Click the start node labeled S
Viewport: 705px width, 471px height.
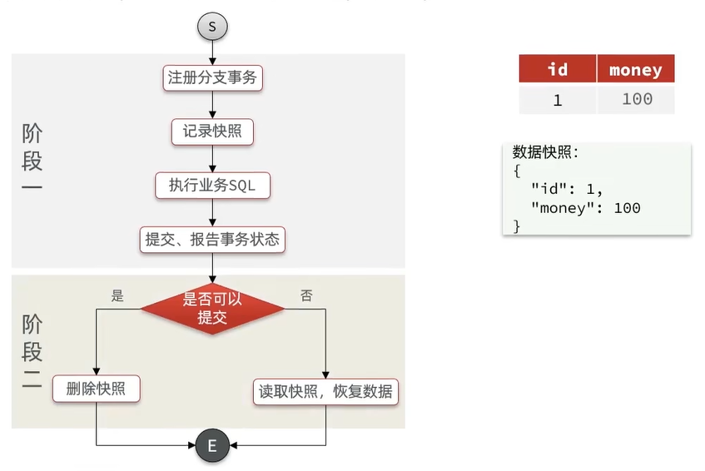[212, 27]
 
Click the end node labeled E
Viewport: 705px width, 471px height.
[211, 446]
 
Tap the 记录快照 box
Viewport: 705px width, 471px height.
[212, 131]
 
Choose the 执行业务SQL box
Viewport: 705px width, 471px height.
[212, 186]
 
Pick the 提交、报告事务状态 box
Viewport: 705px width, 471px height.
[212, 240]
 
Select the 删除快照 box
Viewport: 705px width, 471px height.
[97, 389]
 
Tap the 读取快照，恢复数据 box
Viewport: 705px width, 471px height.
[325, 391]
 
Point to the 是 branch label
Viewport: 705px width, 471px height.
[117, 295]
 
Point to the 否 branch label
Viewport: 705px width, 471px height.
[306, 295]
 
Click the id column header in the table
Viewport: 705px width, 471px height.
[558, 69]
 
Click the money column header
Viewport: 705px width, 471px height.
[635, 70]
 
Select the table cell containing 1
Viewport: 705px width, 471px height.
[558, 100]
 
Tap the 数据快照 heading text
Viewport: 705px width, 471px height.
[545, 152]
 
